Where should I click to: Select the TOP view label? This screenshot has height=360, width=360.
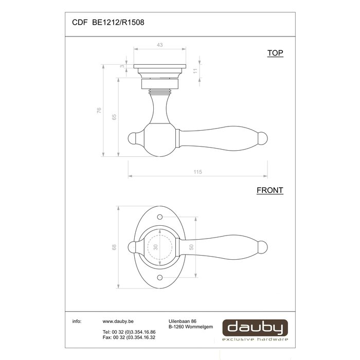tap(275, 53)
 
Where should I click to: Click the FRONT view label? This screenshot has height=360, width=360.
tap(269, 190)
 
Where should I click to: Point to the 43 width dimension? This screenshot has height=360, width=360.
tap(159, 45)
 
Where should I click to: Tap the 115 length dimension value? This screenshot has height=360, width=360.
tap(198, 172)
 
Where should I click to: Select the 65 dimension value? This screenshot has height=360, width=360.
tap(114, 117)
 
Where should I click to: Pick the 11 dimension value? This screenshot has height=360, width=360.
tap(195, 71)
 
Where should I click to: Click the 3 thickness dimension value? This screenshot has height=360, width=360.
tap(122, 66)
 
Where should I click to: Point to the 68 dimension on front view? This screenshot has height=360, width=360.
tap(114, 247)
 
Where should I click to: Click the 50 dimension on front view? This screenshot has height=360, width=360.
tap(191, 247)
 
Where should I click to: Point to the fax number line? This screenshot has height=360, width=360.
tap(129, 338)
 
